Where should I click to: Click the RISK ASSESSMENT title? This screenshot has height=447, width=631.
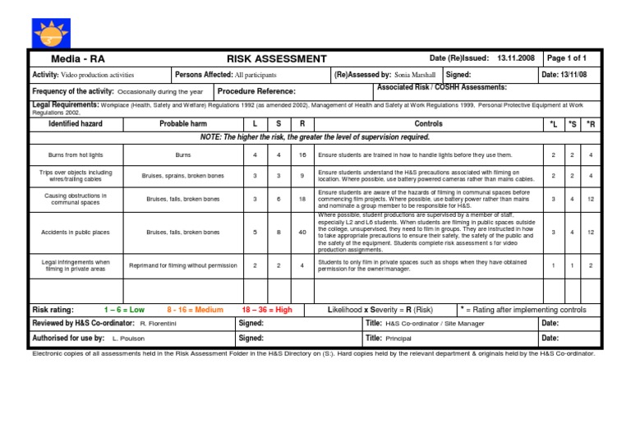point(277,58)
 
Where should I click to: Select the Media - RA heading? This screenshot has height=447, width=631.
point(78,59)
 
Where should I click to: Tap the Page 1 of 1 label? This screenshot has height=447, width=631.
point(567,58)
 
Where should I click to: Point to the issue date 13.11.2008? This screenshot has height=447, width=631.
point(516,58)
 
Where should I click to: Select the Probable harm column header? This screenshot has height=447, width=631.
point(183,123)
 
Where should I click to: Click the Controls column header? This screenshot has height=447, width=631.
point(428,123)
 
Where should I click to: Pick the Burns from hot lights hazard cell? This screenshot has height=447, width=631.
point(75,154)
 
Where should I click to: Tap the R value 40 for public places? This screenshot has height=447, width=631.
point(302,233)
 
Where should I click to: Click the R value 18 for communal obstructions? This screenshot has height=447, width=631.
point(302,199)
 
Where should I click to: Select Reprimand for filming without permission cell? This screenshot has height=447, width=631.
point(183,265)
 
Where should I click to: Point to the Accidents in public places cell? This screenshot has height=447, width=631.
point(75,233)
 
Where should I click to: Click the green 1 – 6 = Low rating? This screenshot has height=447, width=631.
point(124,310)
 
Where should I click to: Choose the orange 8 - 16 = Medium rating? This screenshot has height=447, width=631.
point(195,310)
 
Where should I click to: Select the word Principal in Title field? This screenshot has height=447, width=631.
point(398,338)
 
